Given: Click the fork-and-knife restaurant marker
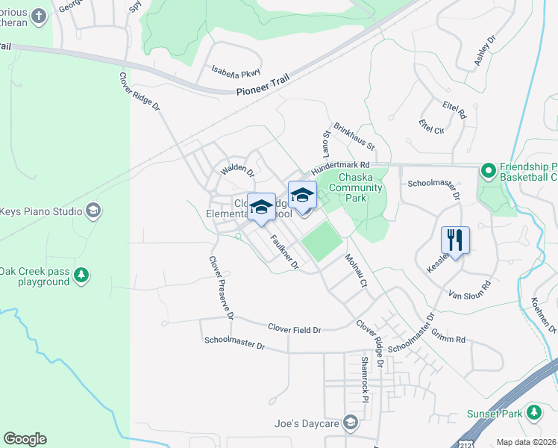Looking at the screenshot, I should [x=455, y=240].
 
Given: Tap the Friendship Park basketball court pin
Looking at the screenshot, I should [x=489, y=171].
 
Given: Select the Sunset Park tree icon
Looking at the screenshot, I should [x=533, y=412].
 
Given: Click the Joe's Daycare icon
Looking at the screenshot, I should [x=351, y=423].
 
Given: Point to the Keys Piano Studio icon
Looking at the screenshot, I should [x=93, y=211].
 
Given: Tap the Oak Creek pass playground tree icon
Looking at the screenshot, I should [x=81, y=276].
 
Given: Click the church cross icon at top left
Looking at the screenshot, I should [x=39, y=16].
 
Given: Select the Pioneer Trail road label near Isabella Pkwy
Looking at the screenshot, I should [x=261, y=90].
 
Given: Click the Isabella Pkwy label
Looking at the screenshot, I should [x=235, y=71].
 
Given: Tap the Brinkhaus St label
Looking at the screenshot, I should [x=354, y=135].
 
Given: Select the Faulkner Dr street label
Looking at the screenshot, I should [x=284, y=252].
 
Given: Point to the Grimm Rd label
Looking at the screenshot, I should [x=451, y=339].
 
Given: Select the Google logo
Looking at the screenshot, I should [x=25, y=439].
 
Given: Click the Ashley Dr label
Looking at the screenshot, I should [x=485, y=51].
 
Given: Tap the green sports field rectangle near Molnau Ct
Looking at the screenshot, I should [x=322, y=240].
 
